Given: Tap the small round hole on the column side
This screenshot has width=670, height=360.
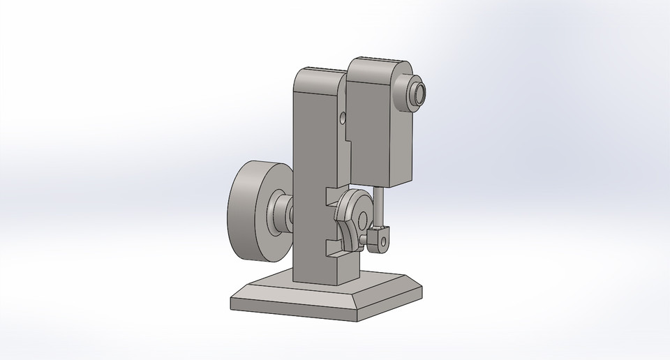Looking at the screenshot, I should click(x=342, y=117).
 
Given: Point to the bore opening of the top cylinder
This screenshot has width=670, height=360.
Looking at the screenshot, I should click(x=419, y=93).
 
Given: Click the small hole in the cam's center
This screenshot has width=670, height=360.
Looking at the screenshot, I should click(x=362, y=220).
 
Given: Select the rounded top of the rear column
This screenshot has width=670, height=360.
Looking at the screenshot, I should click(x=318, y=71).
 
